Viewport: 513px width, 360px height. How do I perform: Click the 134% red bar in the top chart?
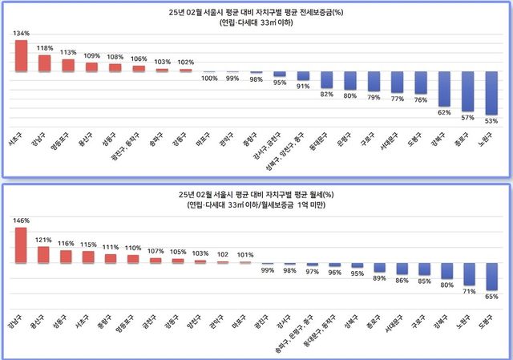22,55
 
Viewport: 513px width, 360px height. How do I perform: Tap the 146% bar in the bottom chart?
22,245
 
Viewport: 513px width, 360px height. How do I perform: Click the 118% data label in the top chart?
45,47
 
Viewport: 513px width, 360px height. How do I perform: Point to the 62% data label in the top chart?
443,113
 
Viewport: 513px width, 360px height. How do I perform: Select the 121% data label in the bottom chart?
45,240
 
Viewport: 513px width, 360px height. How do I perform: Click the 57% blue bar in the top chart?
467,91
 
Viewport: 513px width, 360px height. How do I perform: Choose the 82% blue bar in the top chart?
326,79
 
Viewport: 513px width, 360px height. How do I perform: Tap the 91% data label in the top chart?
302,87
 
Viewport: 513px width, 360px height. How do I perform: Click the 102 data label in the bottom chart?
224,254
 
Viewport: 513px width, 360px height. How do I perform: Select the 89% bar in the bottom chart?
380,268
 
